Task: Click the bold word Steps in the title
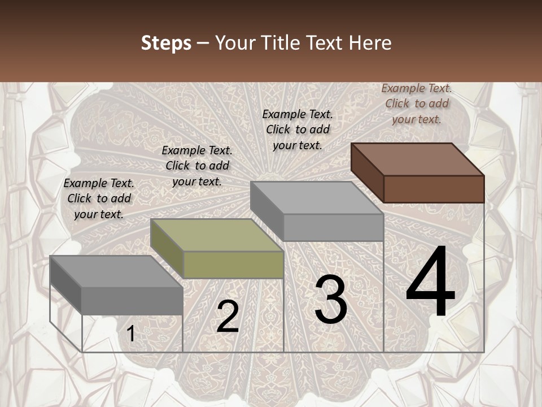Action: [166, 43]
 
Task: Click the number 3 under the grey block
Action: [331, 300]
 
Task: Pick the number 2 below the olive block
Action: [228, 317]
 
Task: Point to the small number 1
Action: [130, 334]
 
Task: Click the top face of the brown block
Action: [417, 159]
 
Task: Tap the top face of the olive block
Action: [216, 235]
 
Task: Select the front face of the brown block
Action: [434, 189]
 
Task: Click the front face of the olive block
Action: [233, 265]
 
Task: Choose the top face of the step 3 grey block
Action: [316, 197]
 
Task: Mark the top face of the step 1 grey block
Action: [116, 271]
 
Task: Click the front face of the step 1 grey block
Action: [132, 301]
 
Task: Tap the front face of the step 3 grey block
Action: [333, 227]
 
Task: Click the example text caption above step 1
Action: [99, 198]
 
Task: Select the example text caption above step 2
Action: [197, 166]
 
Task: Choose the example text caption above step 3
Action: [298, 129]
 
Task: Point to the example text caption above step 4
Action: [417, 103]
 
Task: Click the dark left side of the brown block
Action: [368, 173]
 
